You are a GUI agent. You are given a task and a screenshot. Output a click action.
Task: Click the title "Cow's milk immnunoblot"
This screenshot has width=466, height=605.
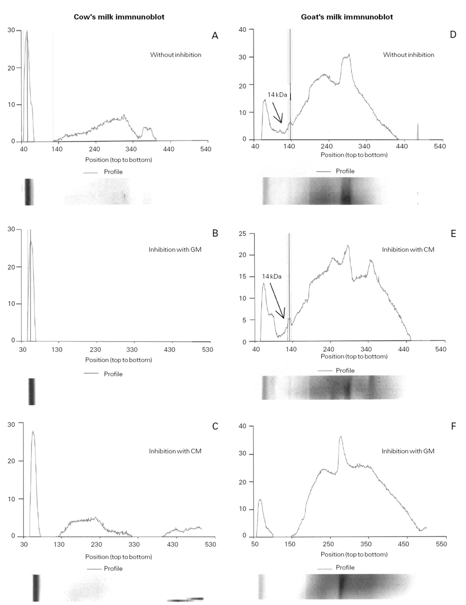click(x=119, y=17)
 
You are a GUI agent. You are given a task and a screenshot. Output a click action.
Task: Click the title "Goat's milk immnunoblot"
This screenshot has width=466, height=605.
click(x=347, y=17)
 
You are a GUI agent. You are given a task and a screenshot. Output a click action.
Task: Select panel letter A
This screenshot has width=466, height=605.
click(x=215, y=35)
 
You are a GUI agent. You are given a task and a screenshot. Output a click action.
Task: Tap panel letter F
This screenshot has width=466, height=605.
click(x=453, y=426)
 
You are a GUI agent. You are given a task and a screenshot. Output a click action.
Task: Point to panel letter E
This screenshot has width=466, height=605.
click(x=453, y=233)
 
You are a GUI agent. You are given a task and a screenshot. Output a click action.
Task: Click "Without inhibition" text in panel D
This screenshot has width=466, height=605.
click(x=408, y=55)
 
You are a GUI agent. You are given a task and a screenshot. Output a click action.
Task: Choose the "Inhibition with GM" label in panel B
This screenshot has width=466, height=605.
click(x=175, y=249)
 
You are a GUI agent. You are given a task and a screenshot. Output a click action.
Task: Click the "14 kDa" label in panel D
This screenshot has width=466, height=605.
click(x=277, y=95)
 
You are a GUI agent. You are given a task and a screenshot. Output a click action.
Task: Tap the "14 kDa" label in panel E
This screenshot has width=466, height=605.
click(x=272, y=276)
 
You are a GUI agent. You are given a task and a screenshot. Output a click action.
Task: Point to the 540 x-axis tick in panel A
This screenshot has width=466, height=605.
click(x=206, y=149)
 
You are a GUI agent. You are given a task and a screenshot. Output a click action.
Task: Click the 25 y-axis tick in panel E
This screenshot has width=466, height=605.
click(x=243, y=234)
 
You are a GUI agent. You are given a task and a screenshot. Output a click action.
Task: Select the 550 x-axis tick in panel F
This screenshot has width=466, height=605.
click(x=441, y=544)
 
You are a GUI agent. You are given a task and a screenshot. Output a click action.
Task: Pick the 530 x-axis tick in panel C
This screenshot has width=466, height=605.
click(x=210, y=544)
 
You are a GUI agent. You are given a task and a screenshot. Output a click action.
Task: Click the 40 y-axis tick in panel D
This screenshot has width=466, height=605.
click(x=243, y=30)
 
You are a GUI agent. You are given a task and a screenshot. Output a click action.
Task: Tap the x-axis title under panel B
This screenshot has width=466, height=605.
click(x=118, y=360)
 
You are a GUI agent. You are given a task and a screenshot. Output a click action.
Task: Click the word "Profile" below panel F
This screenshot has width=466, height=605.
click(x=345, y=567)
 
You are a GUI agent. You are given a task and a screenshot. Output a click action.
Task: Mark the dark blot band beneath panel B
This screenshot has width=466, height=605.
click(x=31, y=391)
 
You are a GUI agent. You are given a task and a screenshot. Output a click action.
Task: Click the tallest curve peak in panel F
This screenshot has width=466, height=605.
click(x=340, y=437)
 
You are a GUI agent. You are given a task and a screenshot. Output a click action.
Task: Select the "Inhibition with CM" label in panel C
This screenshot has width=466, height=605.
click(x=175, y=451)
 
